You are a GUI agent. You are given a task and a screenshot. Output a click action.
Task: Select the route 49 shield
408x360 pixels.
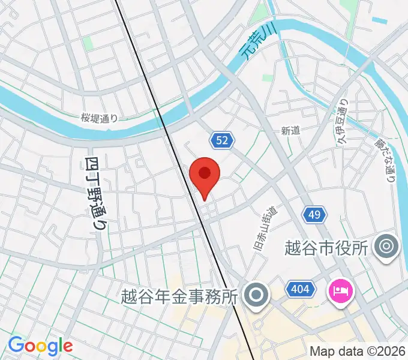(316, 214)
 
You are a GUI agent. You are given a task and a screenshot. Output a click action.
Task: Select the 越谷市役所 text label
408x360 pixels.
(325, 247)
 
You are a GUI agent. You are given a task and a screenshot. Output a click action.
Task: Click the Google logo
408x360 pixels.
(40, 346)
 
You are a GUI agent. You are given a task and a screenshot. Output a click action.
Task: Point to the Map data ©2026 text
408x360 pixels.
(358, 351)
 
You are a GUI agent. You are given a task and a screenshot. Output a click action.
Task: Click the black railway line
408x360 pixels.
(180, 150)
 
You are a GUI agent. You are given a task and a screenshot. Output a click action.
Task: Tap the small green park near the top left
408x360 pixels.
(88, 43)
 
